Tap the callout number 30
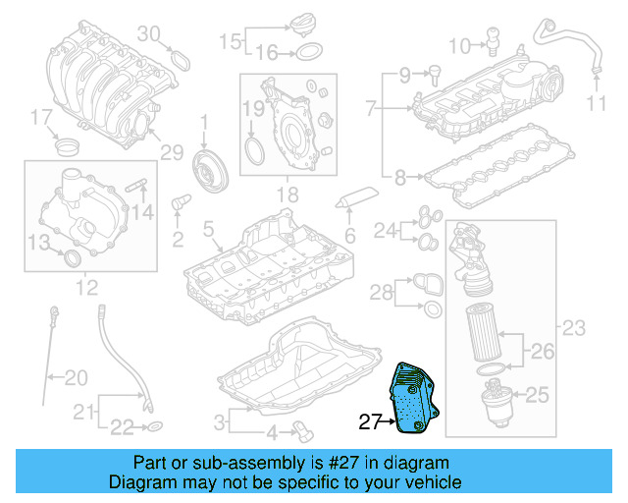pos(147,32)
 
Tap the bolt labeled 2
pos(179,202)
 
